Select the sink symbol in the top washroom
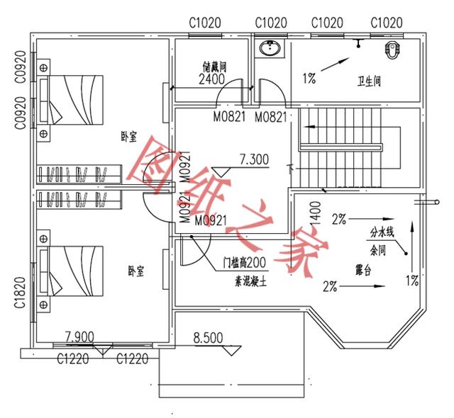(x=270, y=50)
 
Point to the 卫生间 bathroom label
(x=369, y=82)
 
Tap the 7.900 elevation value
(x=81, y=335)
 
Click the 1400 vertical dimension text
(x=316, y=211)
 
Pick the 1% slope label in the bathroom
(x=309, y=79)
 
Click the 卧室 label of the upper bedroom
(x=128, y=140)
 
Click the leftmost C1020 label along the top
(x=205, y=23)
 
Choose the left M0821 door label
(x=230, y=116)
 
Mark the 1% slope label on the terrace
(x=411, y=280)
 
